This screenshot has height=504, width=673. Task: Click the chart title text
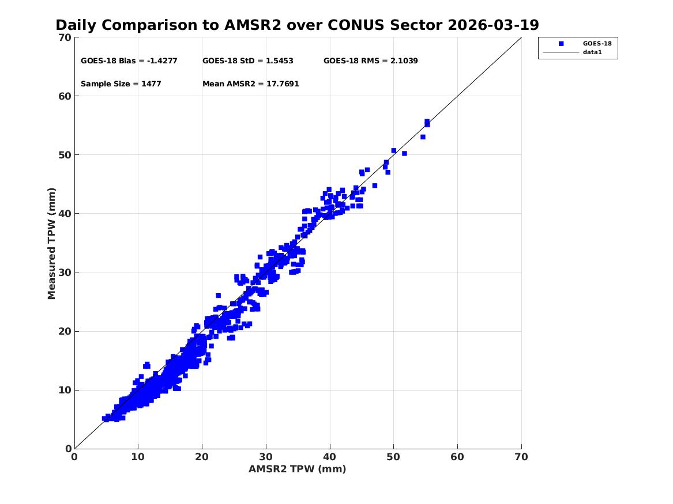pos(297,25)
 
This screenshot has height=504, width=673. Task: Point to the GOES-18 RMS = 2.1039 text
pos(370,60)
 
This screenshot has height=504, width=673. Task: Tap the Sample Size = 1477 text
pos(121,84)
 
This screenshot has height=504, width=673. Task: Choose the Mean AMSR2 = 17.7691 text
pos(250,84)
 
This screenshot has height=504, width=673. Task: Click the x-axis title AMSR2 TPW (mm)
pos(297,469)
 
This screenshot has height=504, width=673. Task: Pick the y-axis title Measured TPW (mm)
pos(52,243)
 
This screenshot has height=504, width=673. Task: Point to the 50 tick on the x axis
pos(394,457)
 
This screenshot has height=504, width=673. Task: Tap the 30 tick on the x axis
pos(266,457)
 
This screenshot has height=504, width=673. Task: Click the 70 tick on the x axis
pos(521,457)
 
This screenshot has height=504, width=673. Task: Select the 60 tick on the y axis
pos(65,96)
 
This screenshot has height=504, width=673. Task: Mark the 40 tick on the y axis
pos(65,214)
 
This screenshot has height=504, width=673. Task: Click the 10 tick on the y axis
pos(65,390)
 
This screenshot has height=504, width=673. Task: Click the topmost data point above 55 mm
pos(427,122)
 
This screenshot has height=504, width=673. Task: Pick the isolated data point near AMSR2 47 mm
pos(374,185)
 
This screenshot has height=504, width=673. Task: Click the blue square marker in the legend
pos(561,43)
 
